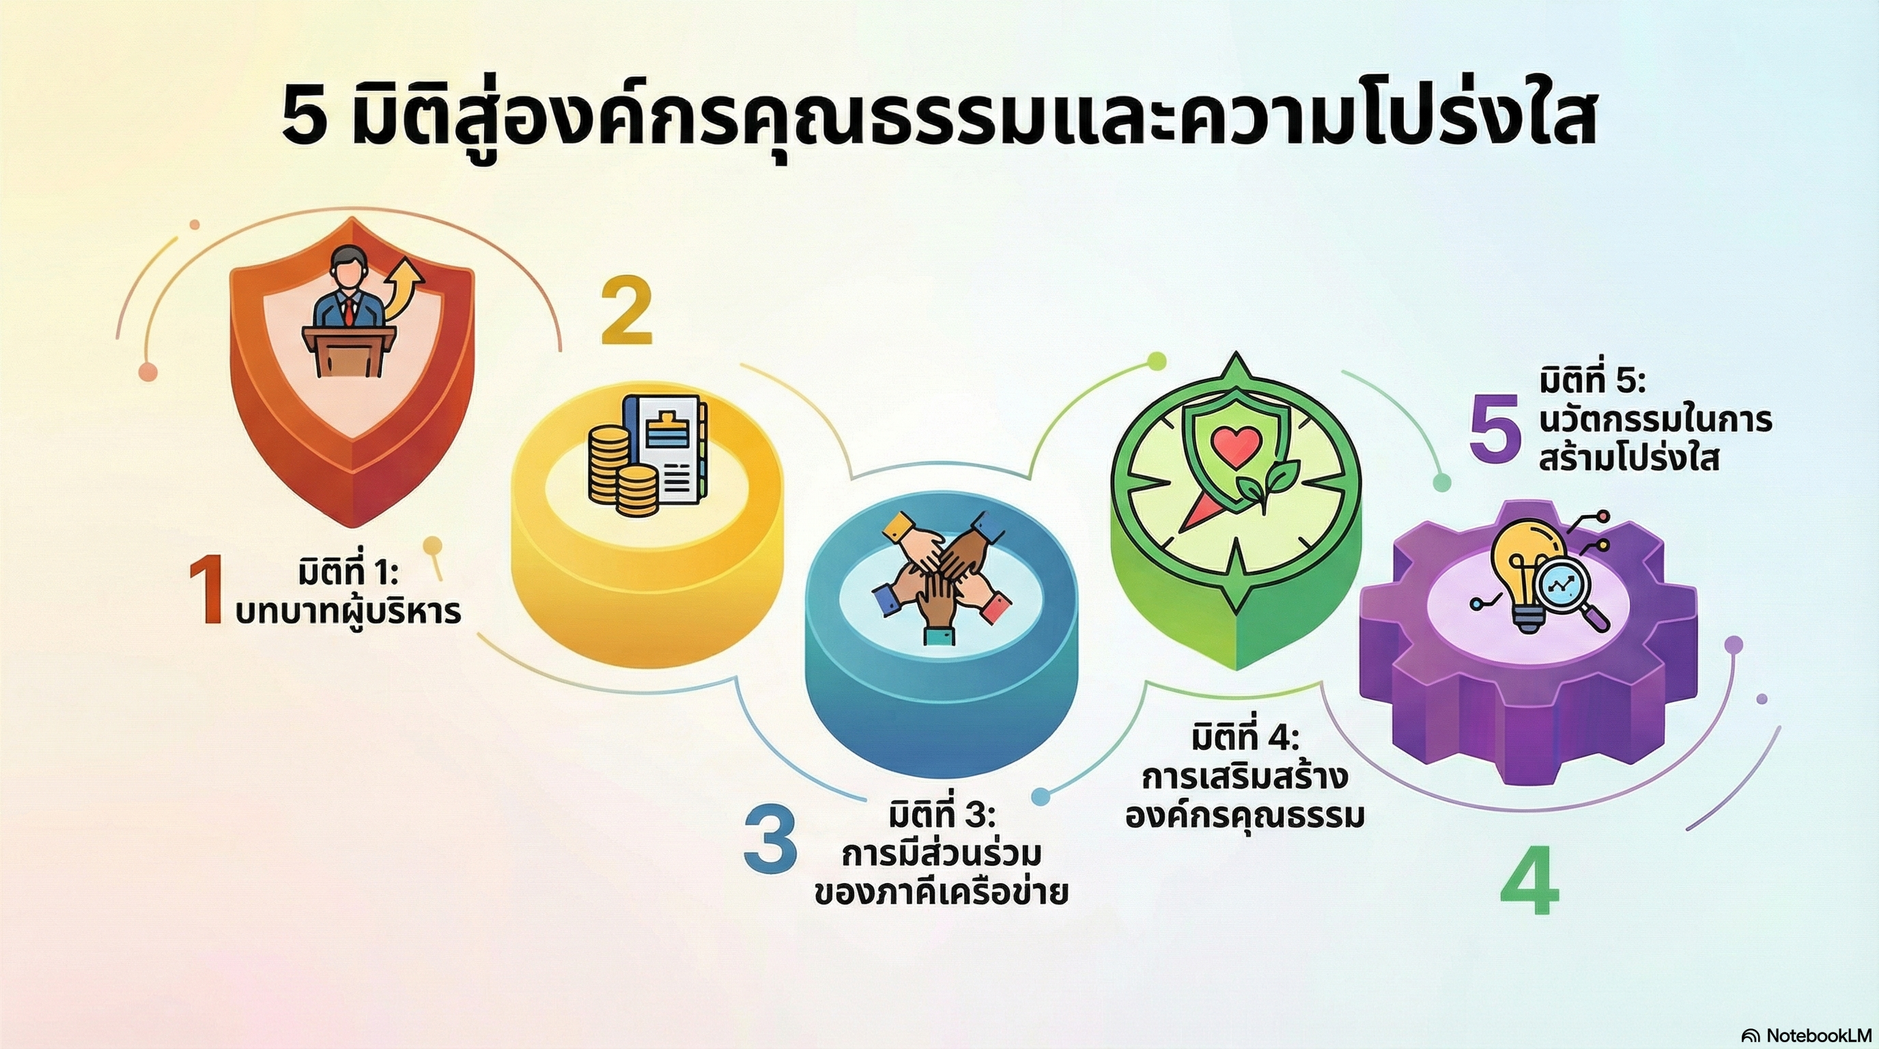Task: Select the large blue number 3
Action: (x=770, y=839)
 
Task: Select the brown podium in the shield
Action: (x=349, y=351)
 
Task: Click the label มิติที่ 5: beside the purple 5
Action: (x=1590, y=382)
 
